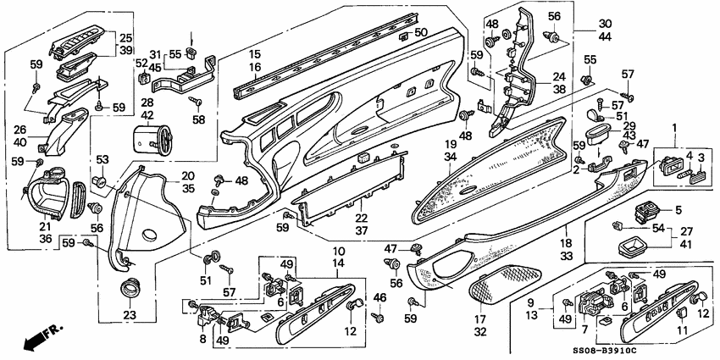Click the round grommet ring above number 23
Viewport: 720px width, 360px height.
coord(131,287)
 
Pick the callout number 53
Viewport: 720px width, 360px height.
coord(102,159)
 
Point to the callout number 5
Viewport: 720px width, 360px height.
coord(678,209)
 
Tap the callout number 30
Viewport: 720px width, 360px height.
coord(604,25)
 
